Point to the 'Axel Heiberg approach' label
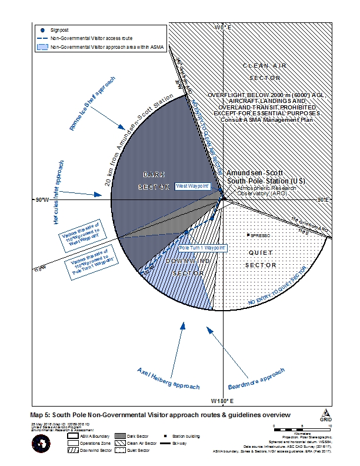[168, 378]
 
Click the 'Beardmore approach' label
[256, 380]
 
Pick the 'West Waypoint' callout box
[192, 186]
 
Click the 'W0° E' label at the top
[224, 28]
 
